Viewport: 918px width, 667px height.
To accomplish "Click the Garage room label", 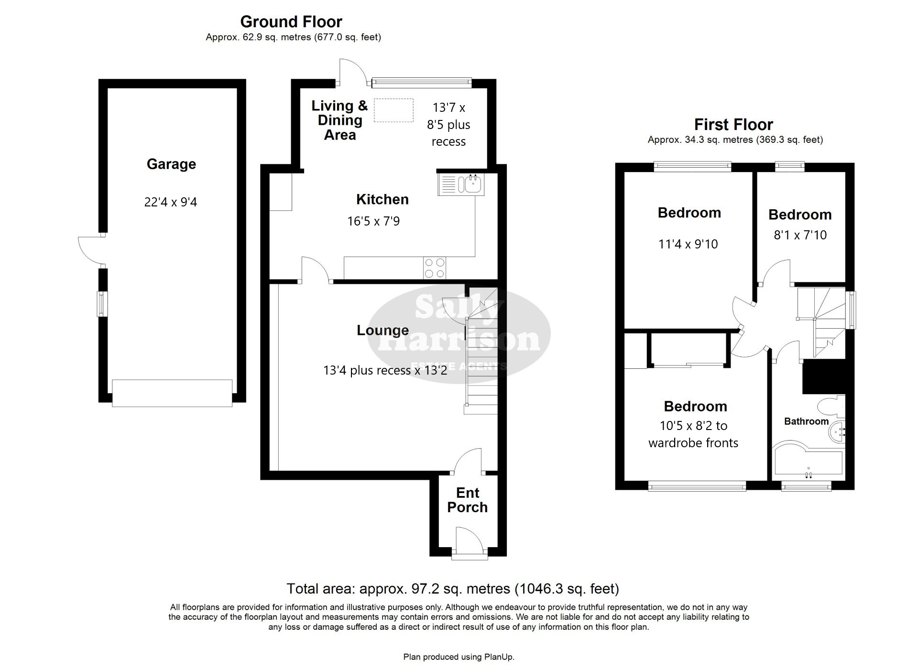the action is coord(171,164).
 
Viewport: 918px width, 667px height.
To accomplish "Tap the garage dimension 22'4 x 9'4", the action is coord(171,202).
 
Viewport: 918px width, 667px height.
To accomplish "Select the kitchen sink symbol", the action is coord(461,184).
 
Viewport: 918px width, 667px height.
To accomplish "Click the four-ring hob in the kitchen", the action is coord(435,268).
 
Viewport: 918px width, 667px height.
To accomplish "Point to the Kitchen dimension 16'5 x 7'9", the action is coord(373,221).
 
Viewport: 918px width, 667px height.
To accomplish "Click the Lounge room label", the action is coord(382,330).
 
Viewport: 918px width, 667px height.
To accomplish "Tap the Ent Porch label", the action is coord(468,500).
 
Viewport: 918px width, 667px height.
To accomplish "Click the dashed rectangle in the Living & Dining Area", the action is coord(393,110).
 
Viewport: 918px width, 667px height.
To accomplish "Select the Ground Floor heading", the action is coord(291,22).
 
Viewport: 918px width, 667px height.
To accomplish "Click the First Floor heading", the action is coord(733,125).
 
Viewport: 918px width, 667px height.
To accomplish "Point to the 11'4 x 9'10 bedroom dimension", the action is coord(688,244).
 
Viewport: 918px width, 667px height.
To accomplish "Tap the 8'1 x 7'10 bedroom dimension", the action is coord(800,235).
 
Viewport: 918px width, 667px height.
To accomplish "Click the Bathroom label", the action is coord(806,421).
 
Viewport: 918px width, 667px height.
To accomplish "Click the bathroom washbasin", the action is coord(836,432).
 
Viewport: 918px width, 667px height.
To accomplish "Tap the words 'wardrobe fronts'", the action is coord(693,443).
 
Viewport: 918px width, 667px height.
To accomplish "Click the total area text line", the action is coord(453,589).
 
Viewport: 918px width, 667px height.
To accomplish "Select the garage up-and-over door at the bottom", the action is coord(172,393).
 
